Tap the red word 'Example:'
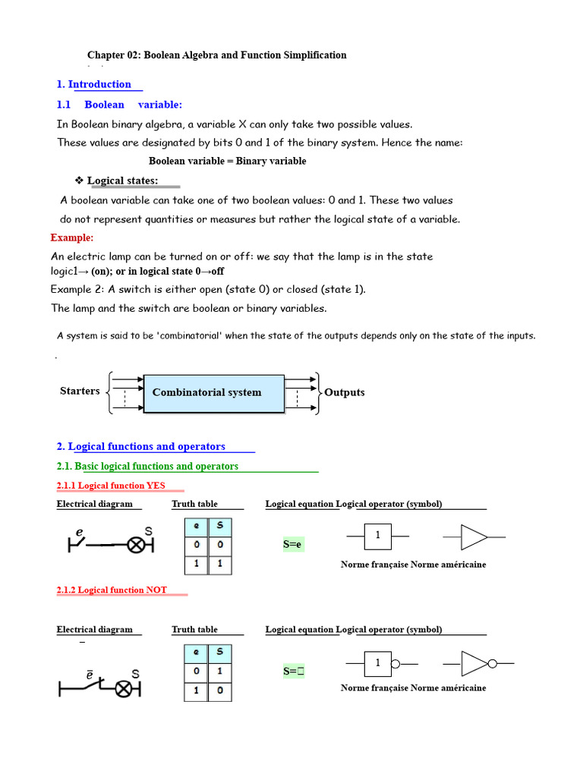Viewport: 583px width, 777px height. (72, 238)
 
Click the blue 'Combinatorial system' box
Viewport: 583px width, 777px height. (213, 393)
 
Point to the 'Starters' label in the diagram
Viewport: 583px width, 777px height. (80, 391)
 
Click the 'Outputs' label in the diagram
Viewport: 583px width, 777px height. (344, 392)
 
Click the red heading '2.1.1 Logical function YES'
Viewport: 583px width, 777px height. (111, 486)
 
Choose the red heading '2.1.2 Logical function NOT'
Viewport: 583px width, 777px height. (112, 590)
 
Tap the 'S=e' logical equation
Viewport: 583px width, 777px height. (293, 544)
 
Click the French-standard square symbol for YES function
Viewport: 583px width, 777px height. (377, 536)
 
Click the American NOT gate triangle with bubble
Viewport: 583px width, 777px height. (477, 664)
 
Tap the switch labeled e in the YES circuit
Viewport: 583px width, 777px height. (80, 541)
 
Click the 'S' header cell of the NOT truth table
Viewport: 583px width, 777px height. (219, 653)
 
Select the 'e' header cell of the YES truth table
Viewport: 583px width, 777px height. (197, 525)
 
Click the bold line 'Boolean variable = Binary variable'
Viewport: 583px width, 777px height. (227, 161)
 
